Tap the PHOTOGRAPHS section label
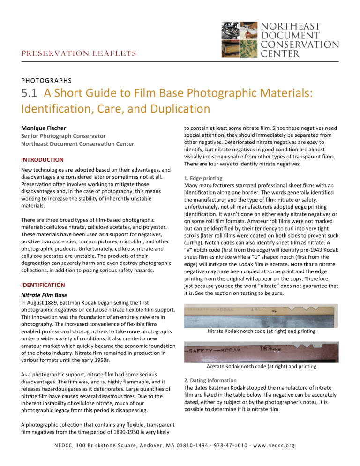pos(45,80)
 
